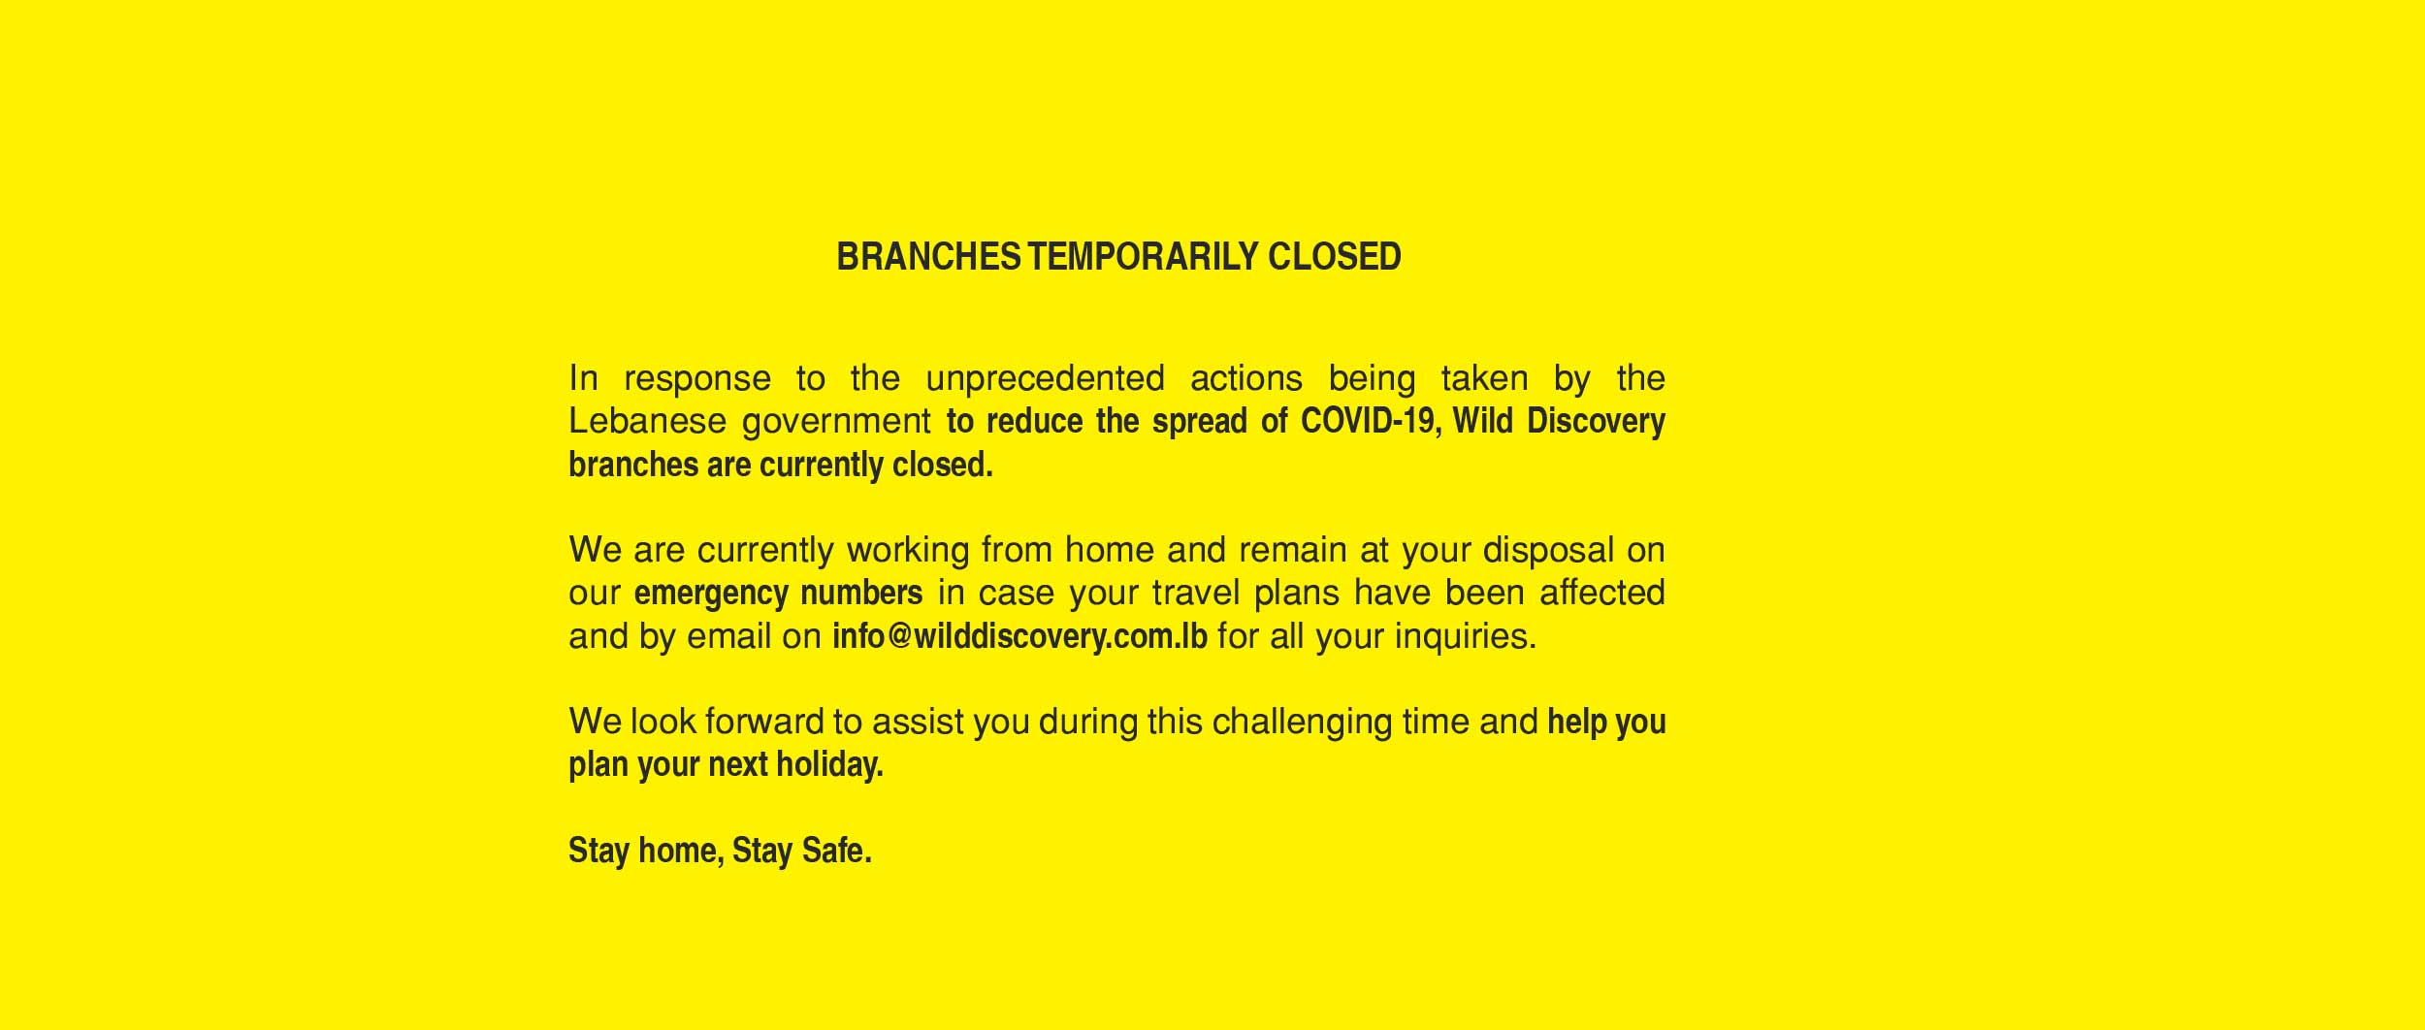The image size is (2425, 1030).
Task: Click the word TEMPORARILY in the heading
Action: click(x=1143, y=257)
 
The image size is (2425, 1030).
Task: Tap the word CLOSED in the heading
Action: click(x=1335, y=257)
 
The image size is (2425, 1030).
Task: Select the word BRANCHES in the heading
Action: click(x=928, y=257)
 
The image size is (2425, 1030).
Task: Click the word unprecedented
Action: click(x=1045, y=378)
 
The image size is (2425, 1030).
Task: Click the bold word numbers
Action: click(x=861, y=593)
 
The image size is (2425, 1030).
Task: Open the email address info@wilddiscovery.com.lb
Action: click(x=1019, y=636)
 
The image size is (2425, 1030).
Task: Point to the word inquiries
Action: click(x=1465, y=636)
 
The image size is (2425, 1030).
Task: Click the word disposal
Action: click(x=1549, y=551)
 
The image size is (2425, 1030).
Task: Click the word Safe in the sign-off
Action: click(x=836, y=851)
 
